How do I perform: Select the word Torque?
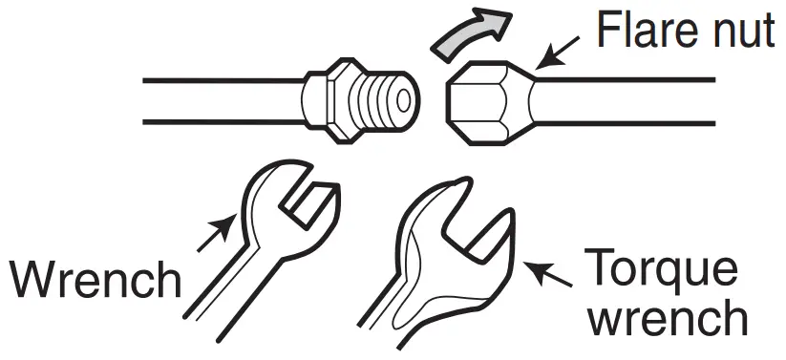659,270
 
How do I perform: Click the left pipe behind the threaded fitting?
220,100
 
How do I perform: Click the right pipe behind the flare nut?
630,101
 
